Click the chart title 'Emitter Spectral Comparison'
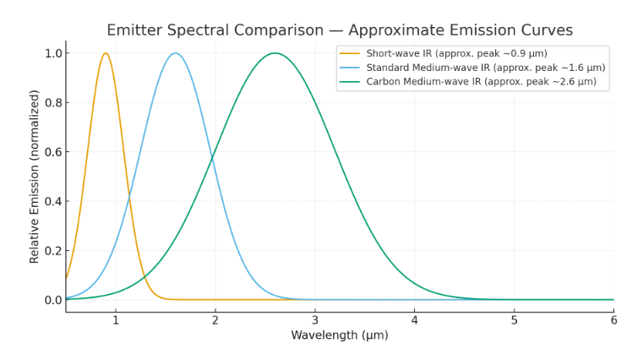(x=339, y=30)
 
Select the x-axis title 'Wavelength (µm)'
(x=339, y=335)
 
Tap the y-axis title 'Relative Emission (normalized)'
(x=35, y=176)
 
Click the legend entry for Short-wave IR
(x=456, y=54)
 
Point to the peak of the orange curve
(x=106, y=53)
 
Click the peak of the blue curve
(x=175, y=53)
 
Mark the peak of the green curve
(x=275, y=53)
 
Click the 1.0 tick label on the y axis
(x=52, y=53)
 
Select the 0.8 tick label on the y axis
(x=52, y=103)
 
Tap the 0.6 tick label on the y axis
(x=52, y=152)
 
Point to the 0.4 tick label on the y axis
(x=52, y=201)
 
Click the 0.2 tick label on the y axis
(x=52, y=251)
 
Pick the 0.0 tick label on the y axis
(x=52, y=300)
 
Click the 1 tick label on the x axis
(x=116, y=320)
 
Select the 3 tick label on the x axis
(x=315, y=320)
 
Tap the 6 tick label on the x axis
(x=613, y=320)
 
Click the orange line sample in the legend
(x=350, y=54)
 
